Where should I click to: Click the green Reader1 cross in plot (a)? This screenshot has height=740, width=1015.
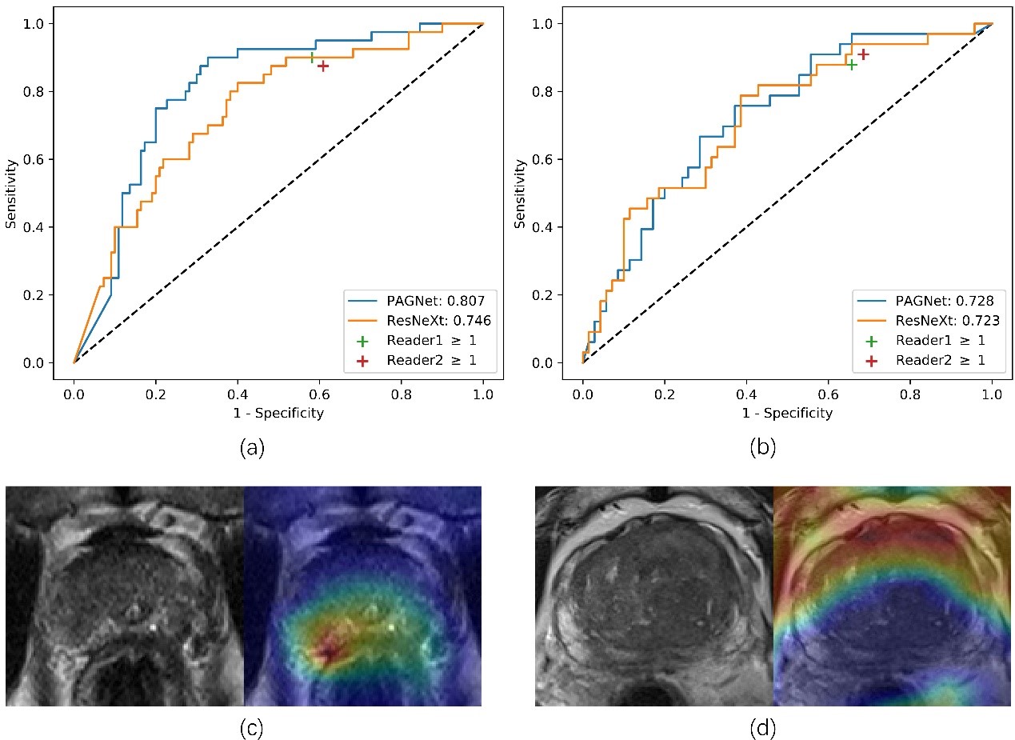click(x=312, y=58)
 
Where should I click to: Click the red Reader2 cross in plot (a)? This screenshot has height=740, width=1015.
click(x=323, y=66)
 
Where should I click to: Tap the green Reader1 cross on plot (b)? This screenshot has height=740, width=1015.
click(x=853, y=64)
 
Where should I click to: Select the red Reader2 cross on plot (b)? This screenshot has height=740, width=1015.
click(x=863, y=54)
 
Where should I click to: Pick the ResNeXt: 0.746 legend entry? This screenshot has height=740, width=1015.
click(x=421, y=319)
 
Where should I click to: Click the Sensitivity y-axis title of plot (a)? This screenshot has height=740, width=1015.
click(x=11, y=193)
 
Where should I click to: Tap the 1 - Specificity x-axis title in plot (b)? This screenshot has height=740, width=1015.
click(x=787, y=414)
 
